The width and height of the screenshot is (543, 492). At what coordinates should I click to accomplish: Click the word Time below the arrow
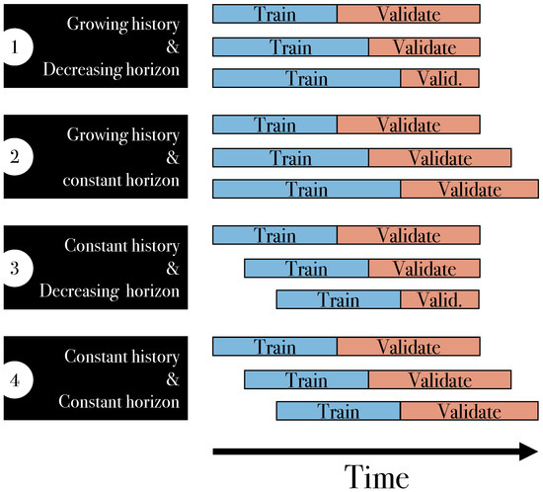coord(375,475)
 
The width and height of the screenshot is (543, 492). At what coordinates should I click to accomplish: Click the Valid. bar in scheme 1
coord(439,78)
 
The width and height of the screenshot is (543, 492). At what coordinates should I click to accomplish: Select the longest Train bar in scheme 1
coord(307,78)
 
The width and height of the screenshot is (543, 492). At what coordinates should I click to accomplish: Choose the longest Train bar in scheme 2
coord(307,189)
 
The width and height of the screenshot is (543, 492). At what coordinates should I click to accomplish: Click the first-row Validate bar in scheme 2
coord(408,125)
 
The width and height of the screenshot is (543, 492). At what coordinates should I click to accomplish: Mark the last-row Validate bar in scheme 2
coord(469,189)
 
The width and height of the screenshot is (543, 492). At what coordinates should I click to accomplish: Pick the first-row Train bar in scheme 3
coord(274,237)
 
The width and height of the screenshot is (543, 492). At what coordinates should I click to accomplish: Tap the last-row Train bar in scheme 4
coord(339,411)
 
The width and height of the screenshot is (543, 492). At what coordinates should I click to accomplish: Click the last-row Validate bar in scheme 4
coord(469,411)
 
